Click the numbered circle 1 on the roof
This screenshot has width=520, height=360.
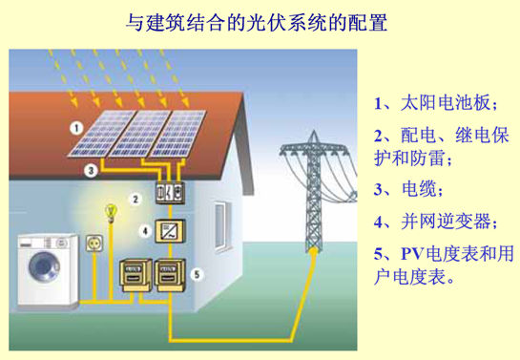point(76,128)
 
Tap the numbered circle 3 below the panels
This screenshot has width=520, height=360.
point(91,171)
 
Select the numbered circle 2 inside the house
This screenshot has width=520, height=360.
point(135,200)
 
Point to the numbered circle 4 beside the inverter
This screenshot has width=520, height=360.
point(145,231)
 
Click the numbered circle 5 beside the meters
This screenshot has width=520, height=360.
point(197,274)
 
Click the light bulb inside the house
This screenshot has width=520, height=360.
point(111,213)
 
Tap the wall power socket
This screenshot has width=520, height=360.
point(94,244)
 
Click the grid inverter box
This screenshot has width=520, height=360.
point(170,231)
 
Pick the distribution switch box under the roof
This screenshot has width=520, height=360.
point(170,192)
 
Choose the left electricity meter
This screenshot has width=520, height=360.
point(135,275)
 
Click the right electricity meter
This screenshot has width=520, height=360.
point(170,275)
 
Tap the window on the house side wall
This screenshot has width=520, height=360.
point(220,225)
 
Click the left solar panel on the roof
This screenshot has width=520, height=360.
point(101,133)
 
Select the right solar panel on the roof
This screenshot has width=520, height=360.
point(177,134)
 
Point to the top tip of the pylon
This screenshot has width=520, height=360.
point(313,131)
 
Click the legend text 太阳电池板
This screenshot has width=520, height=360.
point(446,102)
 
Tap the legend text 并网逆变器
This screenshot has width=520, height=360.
point(446,222)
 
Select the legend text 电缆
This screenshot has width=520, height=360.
point(419,189)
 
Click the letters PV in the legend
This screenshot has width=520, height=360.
point(412,254)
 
